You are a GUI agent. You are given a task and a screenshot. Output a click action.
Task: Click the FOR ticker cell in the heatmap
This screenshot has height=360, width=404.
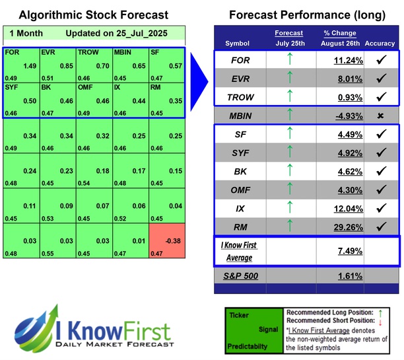coord(20,63)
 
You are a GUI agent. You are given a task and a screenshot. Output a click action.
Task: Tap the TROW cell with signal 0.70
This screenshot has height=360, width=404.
coord(93,63)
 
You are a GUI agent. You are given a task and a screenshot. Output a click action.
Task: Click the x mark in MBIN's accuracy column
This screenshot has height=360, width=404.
coord(380,116)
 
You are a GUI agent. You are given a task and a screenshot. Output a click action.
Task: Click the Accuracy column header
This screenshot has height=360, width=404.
coord(379,44)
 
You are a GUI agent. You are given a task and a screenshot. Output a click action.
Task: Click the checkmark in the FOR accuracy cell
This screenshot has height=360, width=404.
coord(380,59)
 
